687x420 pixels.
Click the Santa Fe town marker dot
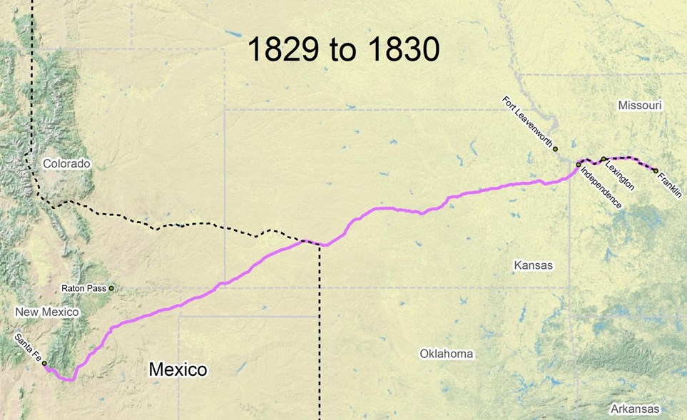44,364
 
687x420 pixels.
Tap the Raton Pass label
84,289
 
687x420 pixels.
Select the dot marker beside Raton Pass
111,288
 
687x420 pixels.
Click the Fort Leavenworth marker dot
555,149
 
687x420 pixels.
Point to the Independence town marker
579,165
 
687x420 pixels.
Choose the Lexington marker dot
604,158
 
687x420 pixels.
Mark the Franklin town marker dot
656,170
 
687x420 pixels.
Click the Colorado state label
66,164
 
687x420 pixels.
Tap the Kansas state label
533,265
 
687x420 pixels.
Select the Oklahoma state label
446,354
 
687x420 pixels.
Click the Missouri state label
640,106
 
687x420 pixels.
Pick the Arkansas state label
635,409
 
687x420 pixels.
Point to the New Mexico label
46,312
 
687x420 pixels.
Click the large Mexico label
178,369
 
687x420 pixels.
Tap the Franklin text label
670,185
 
